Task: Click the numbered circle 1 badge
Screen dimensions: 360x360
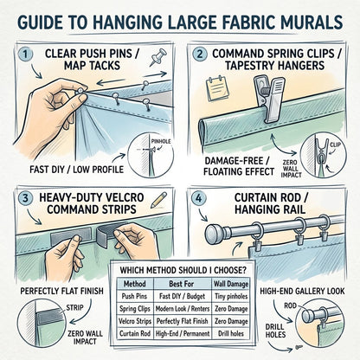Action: click(26, 55)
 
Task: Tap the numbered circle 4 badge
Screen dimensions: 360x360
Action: click(199, 199)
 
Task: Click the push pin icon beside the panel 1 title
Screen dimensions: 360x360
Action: click(158, 57)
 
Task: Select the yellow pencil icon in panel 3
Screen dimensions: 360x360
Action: click(159, 200)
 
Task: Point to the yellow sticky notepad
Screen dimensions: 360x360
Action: click(215, 86)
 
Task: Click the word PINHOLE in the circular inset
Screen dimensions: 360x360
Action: click(161, 141)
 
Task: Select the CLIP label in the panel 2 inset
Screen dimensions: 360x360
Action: click(335, 145)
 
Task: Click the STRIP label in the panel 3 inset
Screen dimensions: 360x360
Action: click(74, 307)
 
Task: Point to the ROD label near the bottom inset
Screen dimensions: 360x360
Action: click(290, 305)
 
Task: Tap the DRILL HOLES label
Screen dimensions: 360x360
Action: click(275, 331)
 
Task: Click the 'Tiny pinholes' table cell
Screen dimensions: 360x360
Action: click(231, 296)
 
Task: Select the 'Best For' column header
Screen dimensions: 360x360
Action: click(182, 284)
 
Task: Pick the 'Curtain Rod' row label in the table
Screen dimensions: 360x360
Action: click(135, 334)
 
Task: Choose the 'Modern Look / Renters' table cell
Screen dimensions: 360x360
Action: click(183, 309)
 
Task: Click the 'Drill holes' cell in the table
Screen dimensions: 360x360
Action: click(231, 334)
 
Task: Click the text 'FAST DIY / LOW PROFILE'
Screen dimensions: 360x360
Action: click(76, 170)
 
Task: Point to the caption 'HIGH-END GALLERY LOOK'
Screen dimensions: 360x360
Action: click(302, 291)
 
